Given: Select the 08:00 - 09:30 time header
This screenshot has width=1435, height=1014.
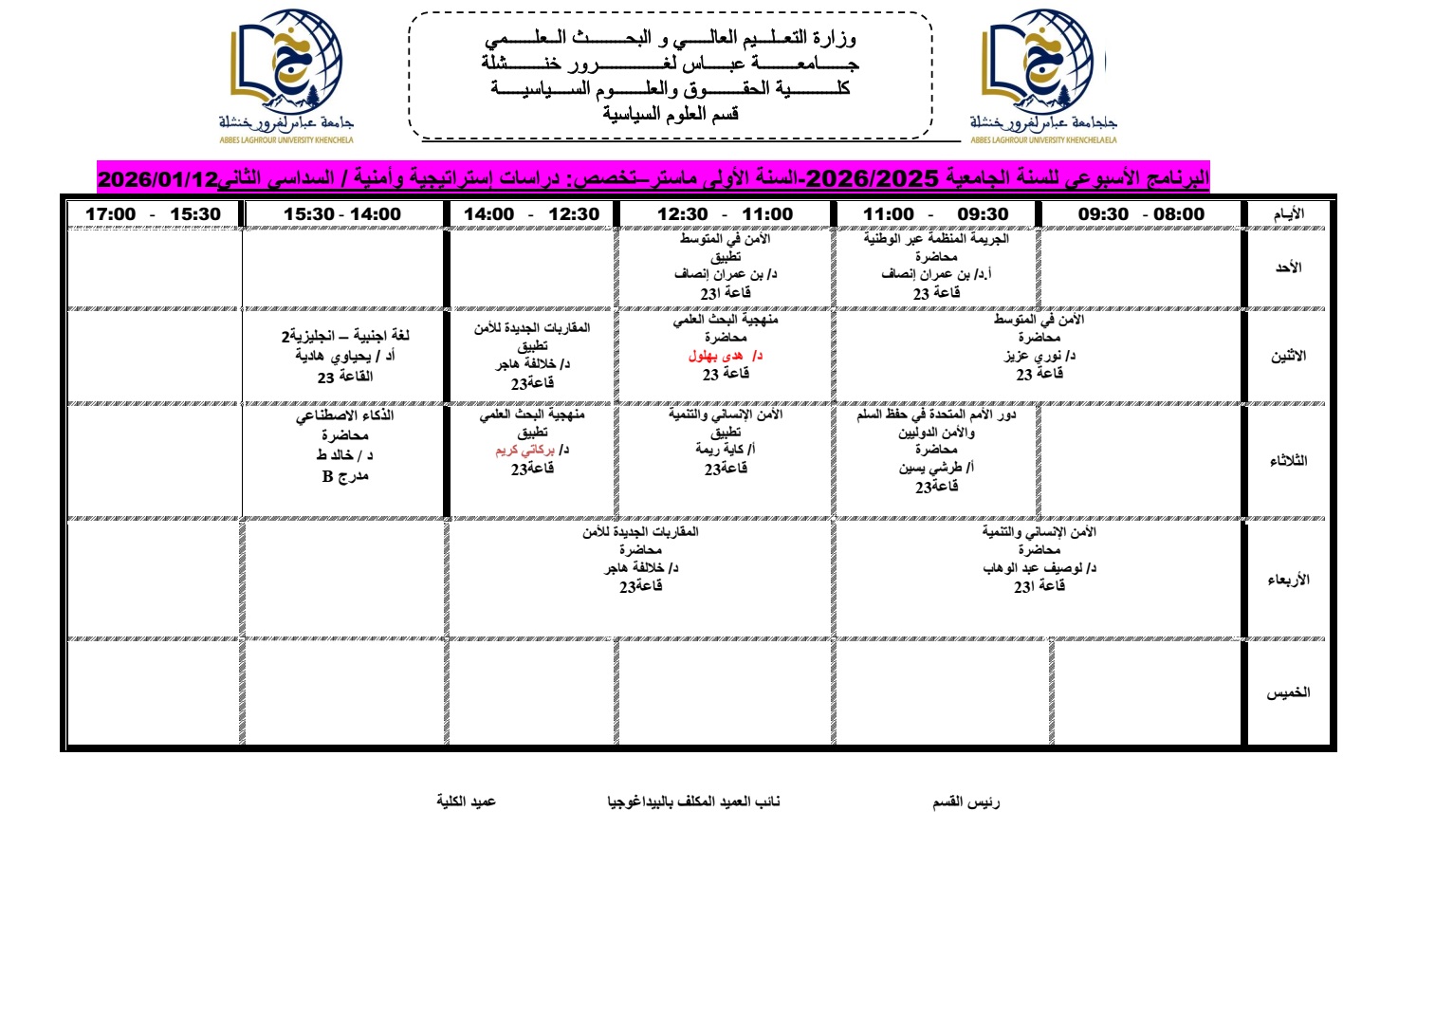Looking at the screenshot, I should (x=1141, y=214).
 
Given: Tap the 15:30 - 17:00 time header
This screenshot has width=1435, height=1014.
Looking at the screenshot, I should (x=153, y=214).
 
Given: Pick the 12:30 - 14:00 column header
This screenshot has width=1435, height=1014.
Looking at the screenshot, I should (x=531, y=214).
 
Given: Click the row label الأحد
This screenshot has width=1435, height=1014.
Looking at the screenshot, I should (x=1288, y=268).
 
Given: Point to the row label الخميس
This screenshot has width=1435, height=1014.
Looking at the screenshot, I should (x=1288, y=692).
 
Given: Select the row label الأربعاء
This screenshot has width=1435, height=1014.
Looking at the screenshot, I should (x=1288, y=580).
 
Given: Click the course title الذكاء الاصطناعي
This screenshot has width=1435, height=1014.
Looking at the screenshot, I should (x=344, y=415).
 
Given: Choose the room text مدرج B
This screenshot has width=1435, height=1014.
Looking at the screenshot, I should (x=344, y=476).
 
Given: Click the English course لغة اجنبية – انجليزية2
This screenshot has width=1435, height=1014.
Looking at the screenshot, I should (x=345, y=336).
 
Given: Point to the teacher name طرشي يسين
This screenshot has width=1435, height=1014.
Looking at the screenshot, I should (x=930, y=468).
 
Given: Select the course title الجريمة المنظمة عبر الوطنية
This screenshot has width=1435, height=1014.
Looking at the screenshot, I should (x=936, y=239).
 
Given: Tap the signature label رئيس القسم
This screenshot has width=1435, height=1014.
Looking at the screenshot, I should (x=966, y=802).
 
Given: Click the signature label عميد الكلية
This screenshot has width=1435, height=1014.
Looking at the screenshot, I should (x=466, y=802).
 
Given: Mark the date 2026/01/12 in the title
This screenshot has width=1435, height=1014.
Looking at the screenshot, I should (x=158, y=179).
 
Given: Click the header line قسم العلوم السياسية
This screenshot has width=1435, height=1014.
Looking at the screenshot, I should (x=671, y=115).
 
